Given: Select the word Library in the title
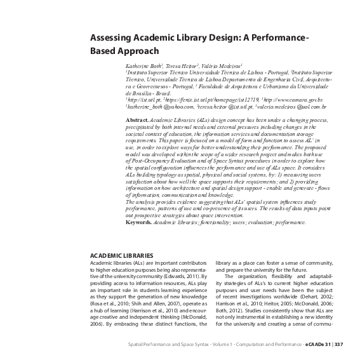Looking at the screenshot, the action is [x=200, y=38].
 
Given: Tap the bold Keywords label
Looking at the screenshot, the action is [x=142, y=223].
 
